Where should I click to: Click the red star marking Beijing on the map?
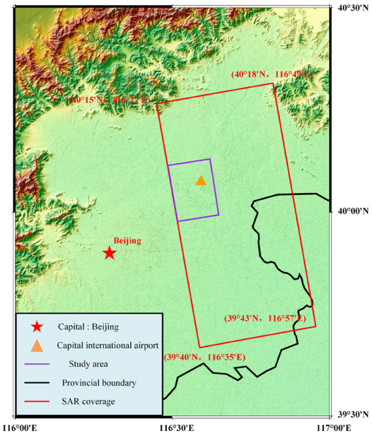[109, 252]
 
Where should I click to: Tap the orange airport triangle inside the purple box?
[201, 181]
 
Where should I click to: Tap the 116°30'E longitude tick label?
[173, 427]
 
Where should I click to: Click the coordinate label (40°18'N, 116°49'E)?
[271, 75]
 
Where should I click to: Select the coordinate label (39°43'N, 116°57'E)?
[265, 319]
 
